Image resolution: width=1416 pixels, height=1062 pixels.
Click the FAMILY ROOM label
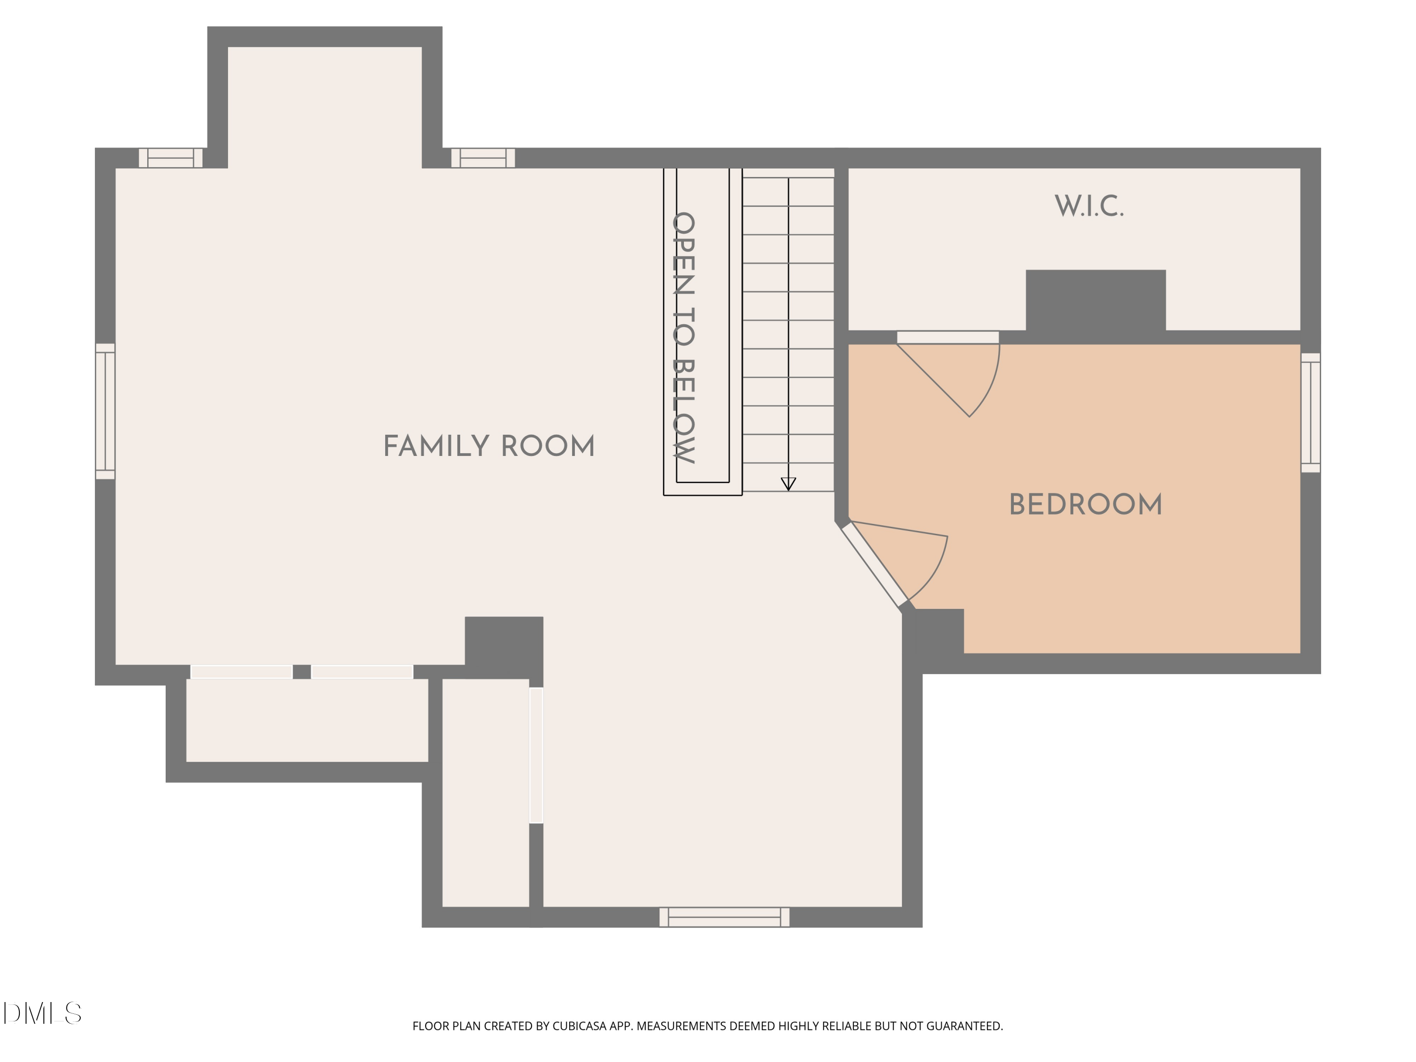pos(489,446)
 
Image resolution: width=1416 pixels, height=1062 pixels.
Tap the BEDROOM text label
pos(1085,505)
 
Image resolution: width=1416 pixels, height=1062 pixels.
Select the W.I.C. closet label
pos(1088,206)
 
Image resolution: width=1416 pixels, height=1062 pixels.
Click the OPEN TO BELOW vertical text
pos(683,337)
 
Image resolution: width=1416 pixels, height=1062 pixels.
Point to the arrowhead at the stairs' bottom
pos(788,484)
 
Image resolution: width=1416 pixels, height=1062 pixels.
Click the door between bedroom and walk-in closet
pos(947,337)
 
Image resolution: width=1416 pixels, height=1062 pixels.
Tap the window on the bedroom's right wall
pos(1310,413)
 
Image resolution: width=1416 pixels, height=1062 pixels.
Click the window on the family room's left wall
pos(105,411)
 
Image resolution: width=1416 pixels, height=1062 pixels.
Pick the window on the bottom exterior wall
pos(724,917)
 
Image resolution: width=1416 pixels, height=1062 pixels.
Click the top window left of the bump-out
pos(170,158)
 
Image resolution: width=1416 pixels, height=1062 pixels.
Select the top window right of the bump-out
pos(483,158)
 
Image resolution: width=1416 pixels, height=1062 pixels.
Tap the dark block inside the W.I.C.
pos(1096,301)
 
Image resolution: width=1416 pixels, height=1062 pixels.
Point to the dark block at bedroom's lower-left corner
pos(935,631)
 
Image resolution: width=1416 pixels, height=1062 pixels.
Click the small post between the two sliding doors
pos(302,672)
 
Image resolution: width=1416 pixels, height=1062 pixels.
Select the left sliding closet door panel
pos(241,672)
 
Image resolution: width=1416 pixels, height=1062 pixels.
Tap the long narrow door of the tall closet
pos(536,755)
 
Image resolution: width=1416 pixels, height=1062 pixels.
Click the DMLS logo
pos(42,1013)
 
